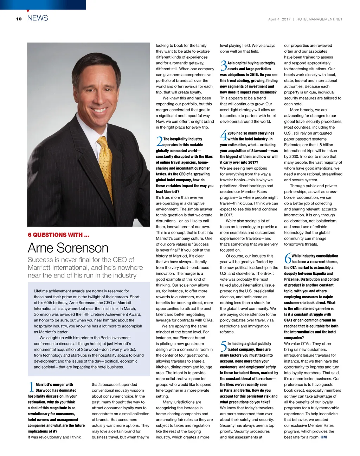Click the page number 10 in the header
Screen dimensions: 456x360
pyautogui.click(x=19, y=19)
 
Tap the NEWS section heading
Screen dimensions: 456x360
pyautogui.click(x=38, y=18)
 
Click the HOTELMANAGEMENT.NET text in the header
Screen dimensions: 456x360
pyautogui.click(x=319, y=19)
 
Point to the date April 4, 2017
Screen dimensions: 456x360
pyautogui.click(x=279, y=19)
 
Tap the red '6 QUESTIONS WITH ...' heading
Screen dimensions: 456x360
pyautogui.click(x=58, y=235)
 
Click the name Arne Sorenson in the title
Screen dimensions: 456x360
pyautogui.click(x=68, y=248)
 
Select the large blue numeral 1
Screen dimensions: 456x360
pyautogui.click(x=31, y=387)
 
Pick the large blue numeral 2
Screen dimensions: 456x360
pyautogui.click(x=159, y=142)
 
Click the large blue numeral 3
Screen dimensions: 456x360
pyautogui.click(x=223, y=66)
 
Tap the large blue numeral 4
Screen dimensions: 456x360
pyautogui.click(x=223, y=136)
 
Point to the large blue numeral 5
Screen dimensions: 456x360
pyautogui.click(x=223, y=346)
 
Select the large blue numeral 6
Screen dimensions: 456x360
pyautogui.click(x=288, y=259)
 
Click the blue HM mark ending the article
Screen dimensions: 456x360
pyautogui.click(x=323, y=437)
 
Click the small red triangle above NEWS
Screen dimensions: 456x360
pyautogui.click(x=28, y=11)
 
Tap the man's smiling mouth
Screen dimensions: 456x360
pyautogui.click(x=99, y=110)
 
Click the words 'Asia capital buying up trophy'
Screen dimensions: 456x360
pyautogui.click(x=251, y=63)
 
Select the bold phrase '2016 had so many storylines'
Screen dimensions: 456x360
pyautogui.click(x=251, y=133)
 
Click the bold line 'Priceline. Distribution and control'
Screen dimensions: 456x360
pyautogui.click(x=311, y=279)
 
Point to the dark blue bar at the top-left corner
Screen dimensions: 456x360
pyautogui.click(x=43, y=5)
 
